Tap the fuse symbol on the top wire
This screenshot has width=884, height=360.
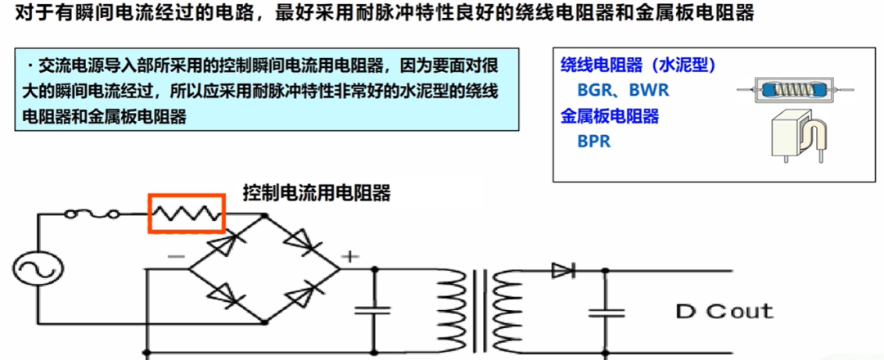[91, 214]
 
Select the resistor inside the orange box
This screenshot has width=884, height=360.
[186, 214]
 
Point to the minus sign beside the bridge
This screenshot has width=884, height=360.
[175, 256]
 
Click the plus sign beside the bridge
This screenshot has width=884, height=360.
[350, 257]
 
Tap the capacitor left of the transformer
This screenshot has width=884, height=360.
[372, 309]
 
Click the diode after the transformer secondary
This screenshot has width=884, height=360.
[563, 271]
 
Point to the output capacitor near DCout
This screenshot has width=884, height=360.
[607, 313]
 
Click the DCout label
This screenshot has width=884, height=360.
[724, 311]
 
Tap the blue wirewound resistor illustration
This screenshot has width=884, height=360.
[796, 89]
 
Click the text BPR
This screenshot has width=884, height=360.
[593, 141]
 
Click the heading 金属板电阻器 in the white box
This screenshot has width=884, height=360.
[610, 116]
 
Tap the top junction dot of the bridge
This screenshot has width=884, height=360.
[264, 215]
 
